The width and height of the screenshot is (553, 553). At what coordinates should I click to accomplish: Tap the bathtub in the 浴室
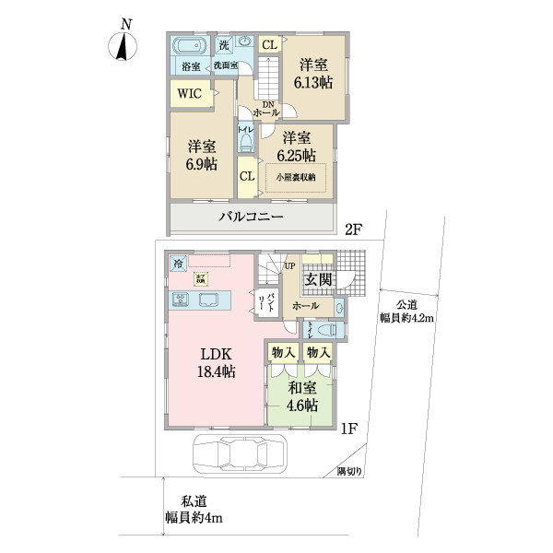pyautogui.click(x=191, y=47)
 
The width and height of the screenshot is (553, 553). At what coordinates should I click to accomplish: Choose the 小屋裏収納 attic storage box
pyautogui.click(x=294, y=177)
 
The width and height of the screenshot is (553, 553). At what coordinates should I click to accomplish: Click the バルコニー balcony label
pyautogui.click(x=251, y=218)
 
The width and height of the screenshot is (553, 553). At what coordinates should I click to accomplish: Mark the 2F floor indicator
pyautogui.click(x=353, y=230)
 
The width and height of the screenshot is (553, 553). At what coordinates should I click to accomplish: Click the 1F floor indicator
pyautogui.click(x=348, y=428)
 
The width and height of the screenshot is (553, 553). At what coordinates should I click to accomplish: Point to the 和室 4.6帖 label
pyautogui.click(x=300, y=396)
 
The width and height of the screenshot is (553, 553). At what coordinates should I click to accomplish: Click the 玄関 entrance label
pyautogui.click(x=318, y=280)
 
